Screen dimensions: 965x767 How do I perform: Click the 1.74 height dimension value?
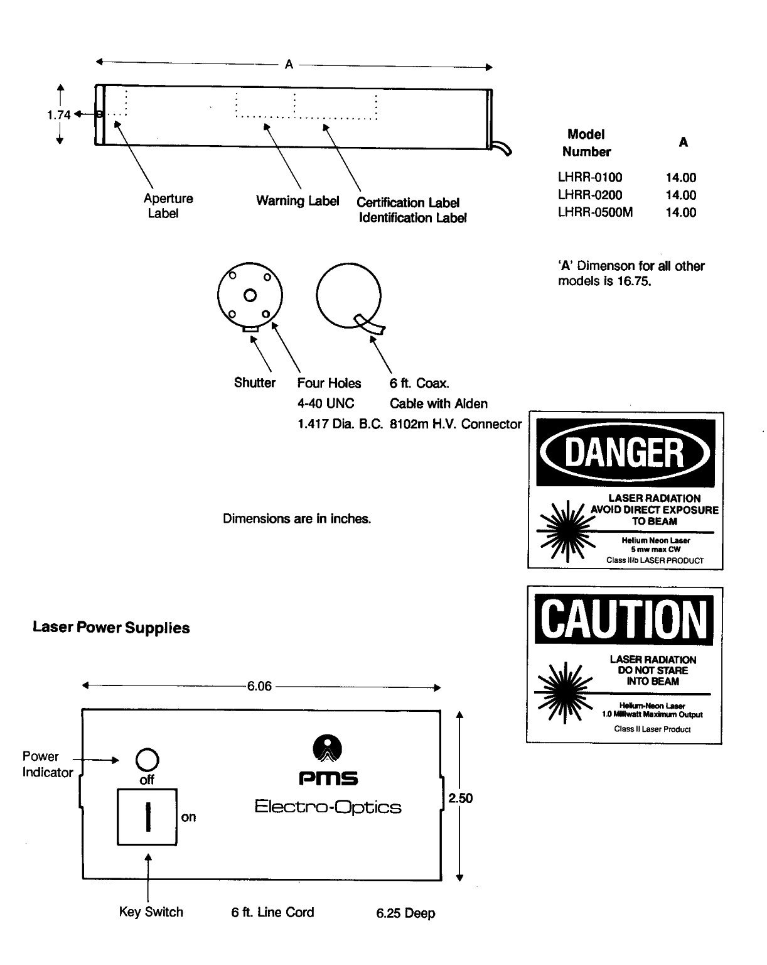(x=58, y=115)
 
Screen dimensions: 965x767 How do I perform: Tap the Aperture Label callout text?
(x=168, y=205)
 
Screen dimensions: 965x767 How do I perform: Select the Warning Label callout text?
(x=298, y=201)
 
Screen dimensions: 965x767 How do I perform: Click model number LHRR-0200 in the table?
(x=590, y=195)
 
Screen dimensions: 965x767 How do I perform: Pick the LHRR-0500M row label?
(x=595, y=212)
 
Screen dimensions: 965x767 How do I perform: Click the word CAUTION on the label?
(x=624, y=619)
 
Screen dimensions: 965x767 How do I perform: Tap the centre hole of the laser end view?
(x=250, y=295)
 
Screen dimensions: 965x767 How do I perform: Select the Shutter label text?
(x=254, y=383)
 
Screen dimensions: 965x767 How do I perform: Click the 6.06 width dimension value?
(x=259, y=687)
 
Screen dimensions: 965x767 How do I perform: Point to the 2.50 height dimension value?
(x=460, y=798)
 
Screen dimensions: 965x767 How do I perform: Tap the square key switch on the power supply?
(x=147, y=817)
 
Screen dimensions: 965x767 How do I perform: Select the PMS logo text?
(x=328, y=779)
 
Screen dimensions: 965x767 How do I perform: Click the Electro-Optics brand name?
(x=328, y=807)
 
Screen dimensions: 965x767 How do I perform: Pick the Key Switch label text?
(x=151, y=912)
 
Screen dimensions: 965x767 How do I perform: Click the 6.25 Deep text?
(x=405, y=913)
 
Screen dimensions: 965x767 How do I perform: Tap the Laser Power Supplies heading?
(x=111, y=628)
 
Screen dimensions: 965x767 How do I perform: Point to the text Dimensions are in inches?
(x=297, y=519)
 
